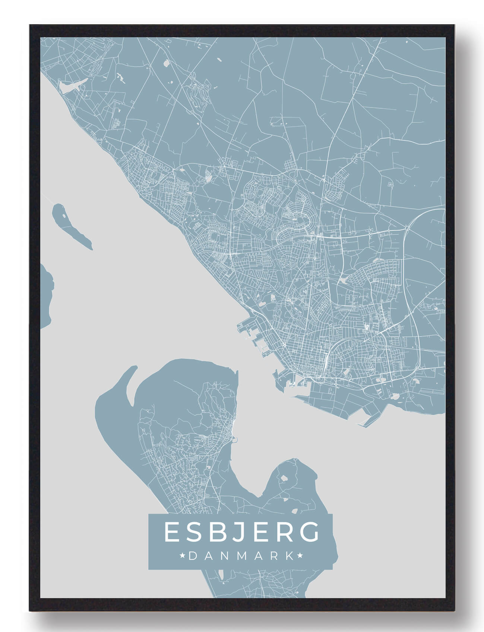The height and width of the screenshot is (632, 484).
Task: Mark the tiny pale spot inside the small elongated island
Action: coord(64,216)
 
